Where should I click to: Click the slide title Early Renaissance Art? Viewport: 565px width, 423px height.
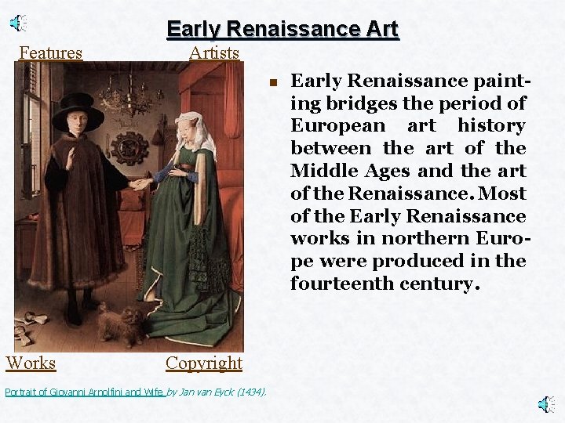282,30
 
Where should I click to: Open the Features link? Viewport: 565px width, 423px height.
50,53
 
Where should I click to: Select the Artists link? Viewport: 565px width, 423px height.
213,53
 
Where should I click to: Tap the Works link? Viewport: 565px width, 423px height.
31,363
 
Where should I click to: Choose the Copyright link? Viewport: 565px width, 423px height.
204,363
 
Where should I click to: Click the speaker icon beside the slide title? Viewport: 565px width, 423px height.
19,23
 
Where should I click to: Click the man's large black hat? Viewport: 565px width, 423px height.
78,112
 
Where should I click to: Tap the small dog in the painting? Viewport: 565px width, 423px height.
122,324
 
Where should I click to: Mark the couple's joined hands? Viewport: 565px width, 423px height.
142,184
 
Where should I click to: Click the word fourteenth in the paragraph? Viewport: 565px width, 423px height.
344,284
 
